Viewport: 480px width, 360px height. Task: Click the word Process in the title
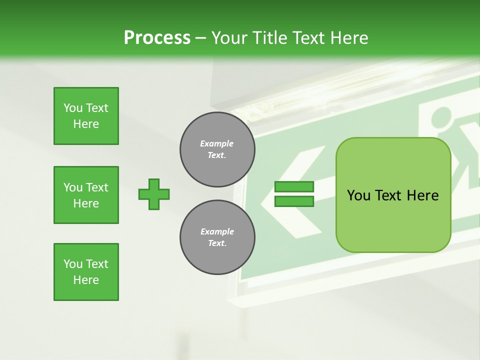(157, 38)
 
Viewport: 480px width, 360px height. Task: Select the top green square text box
(86, 116)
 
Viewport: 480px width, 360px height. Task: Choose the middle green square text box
(86, 195)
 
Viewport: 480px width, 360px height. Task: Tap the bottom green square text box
(86, 272)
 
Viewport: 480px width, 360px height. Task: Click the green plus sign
(154, 194)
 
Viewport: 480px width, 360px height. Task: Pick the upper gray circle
(217, 149)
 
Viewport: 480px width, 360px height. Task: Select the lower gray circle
(217, 237)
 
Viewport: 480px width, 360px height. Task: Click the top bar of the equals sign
(294, 187)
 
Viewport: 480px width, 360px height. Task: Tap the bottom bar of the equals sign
(294, 201)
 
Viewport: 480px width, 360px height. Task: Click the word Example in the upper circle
(216, 143)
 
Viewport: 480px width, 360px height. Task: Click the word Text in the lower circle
(216, 243)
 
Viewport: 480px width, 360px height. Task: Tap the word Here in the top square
(86, 124)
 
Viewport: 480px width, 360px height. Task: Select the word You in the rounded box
(358, 195)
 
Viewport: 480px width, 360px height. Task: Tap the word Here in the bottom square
(86, 280)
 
